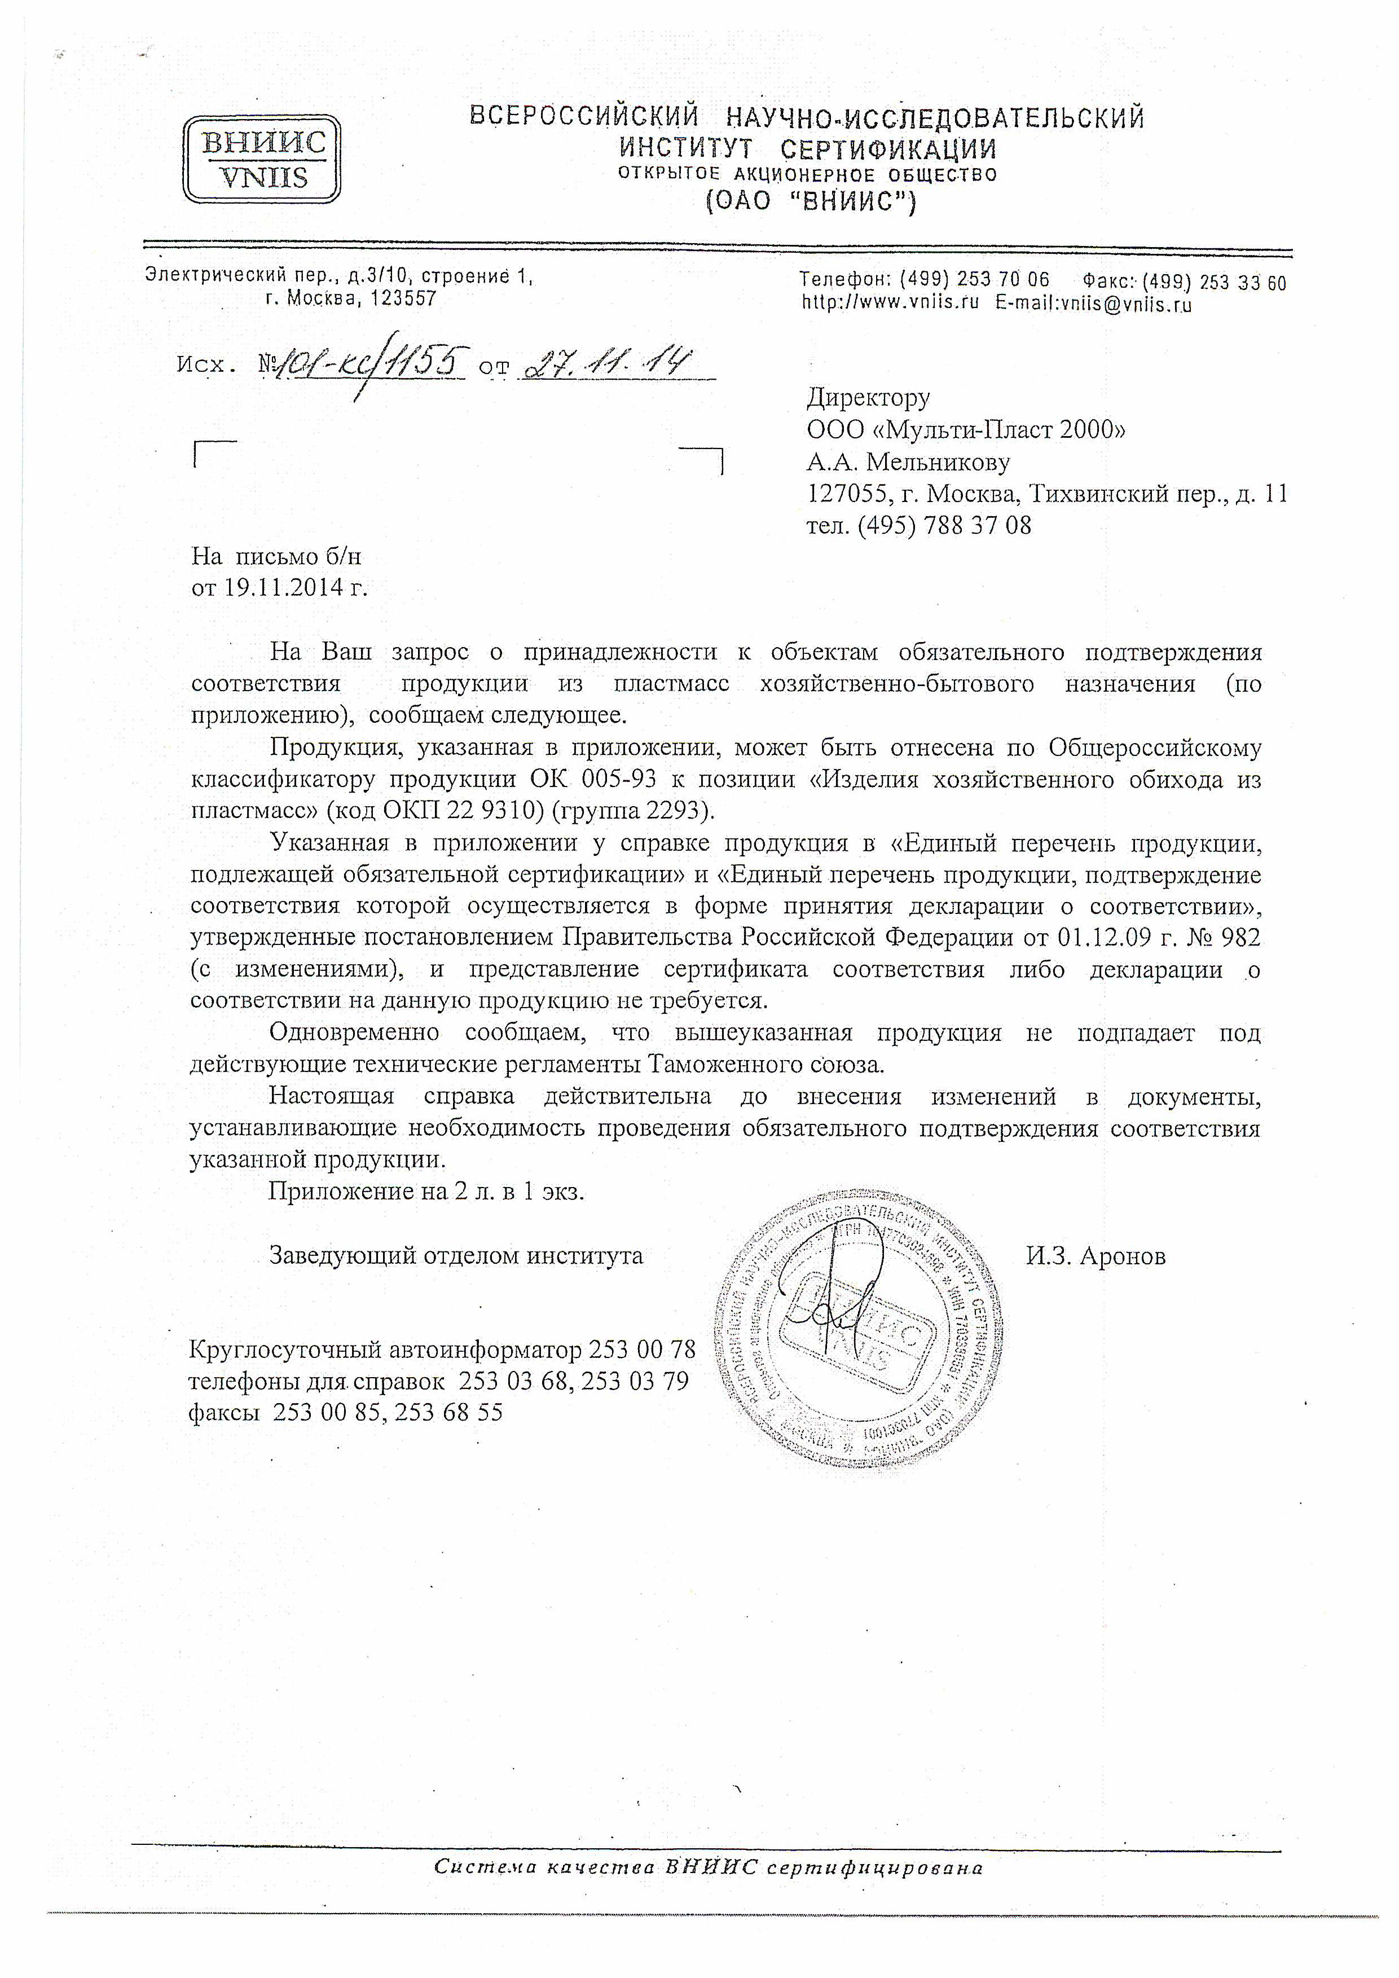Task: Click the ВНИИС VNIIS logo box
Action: coord(262,159)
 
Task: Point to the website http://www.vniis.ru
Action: coord(890,304)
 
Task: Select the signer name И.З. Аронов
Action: coord(1095,1256)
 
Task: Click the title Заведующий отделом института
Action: coord(456,1256)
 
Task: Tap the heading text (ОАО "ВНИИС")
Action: coord(811,201)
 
